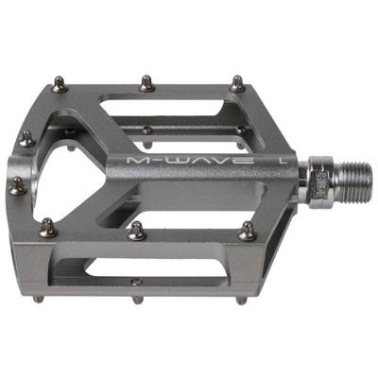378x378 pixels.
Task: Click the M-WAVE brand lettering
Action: (190, 162)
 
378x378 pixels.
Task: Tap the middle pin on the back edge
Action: (146, 83)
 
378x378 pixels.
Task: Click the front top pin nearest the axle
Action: (247, 229)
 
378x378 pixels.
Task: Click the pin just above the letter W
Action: (147, 129)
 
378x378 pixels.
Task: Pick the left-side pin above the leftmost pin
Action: (26, 138)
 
